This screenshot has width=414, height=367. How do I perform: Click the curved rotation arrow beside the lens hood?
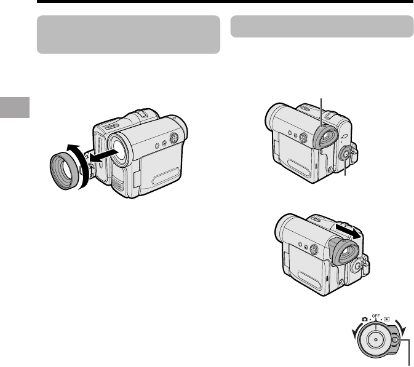[84, 166]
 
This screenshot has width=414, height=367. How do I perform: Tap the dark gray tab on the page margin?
[15, 108]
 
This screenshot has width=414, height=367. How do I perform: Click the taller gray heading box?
[129, 34]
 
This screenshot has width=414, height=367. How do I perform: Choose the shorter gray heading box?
[322, 26]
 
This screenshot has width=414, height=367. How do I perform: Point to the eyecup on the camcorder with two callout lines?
[326, 137]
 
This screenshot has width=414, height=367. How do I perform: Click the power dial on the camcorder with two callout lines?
[345, 154]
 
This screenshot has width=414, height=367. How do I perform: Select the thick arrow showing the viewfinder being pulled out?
[349, 231]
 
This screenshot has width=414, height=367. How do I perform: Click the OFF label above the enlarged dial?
[376, 316]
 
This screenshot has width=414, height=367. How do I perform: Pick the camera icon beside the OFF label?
[365, 319]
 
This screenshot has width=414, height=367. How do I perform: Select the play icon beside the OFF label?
[387, 319]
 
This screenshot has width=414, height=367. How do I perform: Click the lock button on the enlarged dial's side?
[394, 340]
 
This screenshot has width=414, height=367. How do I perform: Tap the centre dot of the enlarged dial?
[375, 340]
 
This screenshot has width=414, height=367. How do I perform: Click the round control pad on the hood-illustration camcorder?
[173, 138]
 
